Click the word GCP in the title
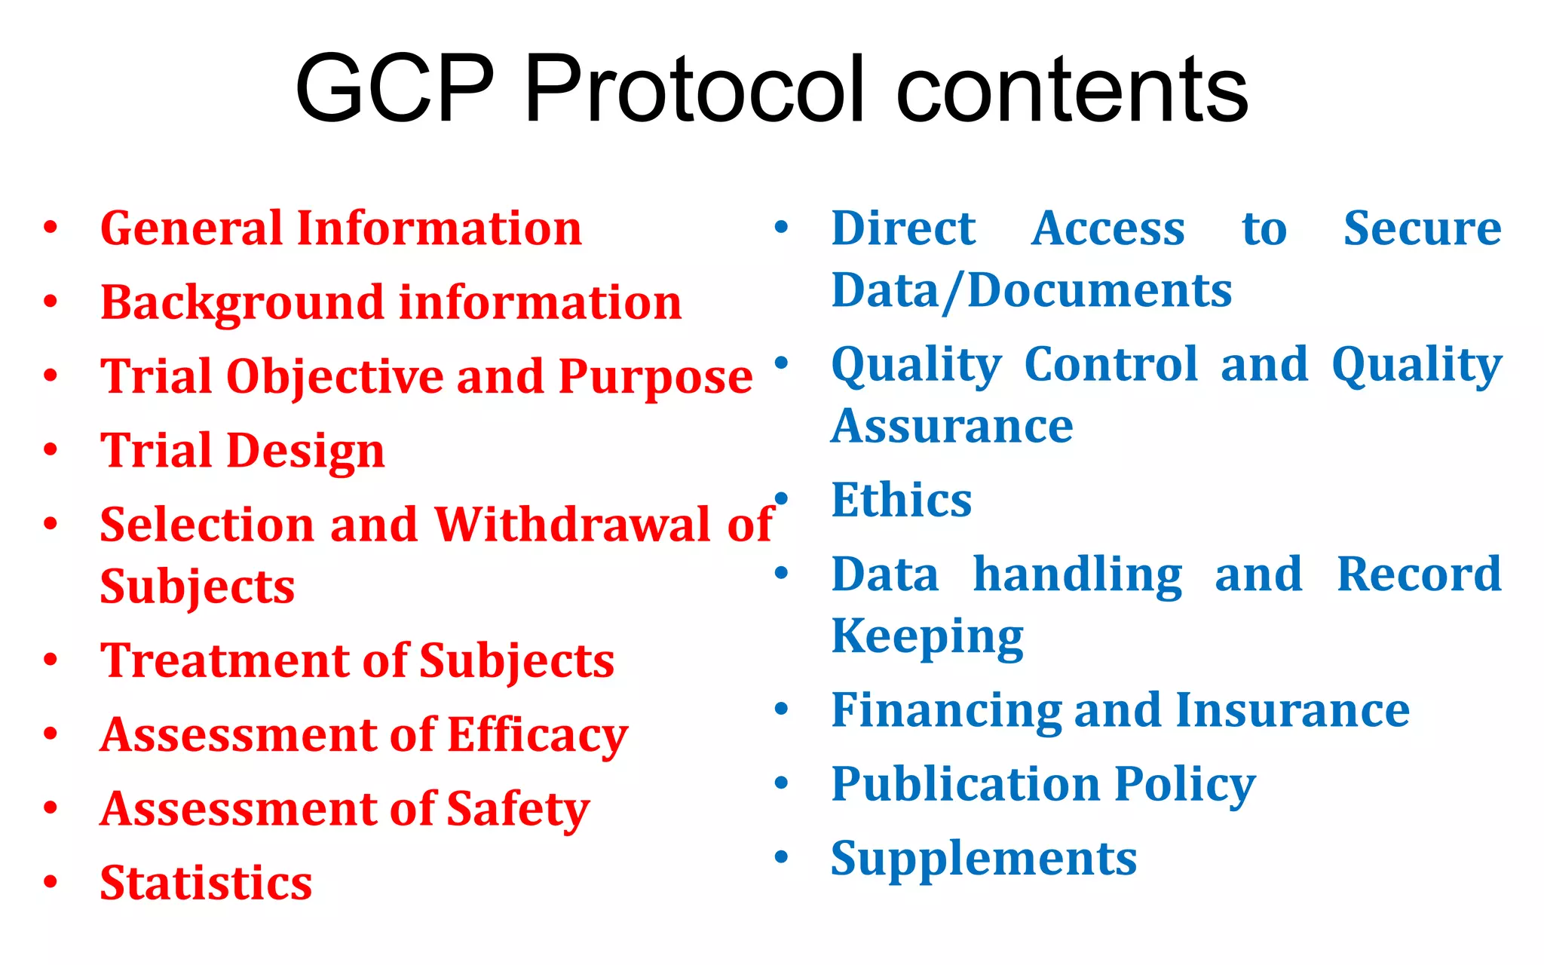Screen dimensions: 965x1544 coord(394,89)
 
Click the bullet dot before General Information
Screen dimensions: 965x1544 coord(51,228)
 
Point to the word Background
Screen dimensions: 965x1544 coord(243,303)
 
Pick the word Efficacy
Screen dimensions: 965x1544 coord(538,735)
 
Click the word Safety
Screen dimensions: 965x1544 coord(518,809)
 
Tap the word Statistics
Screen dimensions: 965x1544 coord(206,883)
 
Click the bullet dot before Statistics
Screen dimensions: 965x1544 coord(51,881)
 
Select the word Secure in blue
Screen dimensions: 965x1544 coord(1422,228)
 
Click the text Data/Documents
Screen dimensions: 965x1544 coord(1031,291)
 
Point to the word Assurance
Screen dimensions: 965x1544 coord(952,427)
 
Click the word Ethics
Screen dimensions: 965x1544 coord(901,500)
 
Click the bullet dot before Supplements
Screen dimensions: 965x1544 coord(782,857)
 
